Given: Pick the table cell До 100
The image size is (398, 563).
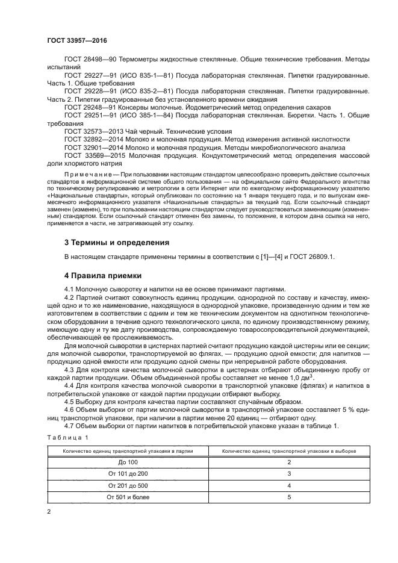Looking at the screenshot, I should (x=128, y=462).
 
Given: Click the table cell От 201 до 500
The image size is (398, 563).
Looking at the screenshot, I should (x=128, y=485).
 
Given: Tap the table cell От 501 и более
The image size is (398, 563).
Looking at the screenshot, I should (x=128, y=497).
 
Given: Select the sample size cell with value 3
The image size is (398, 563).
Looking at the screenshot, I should (x=289, y=473).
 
